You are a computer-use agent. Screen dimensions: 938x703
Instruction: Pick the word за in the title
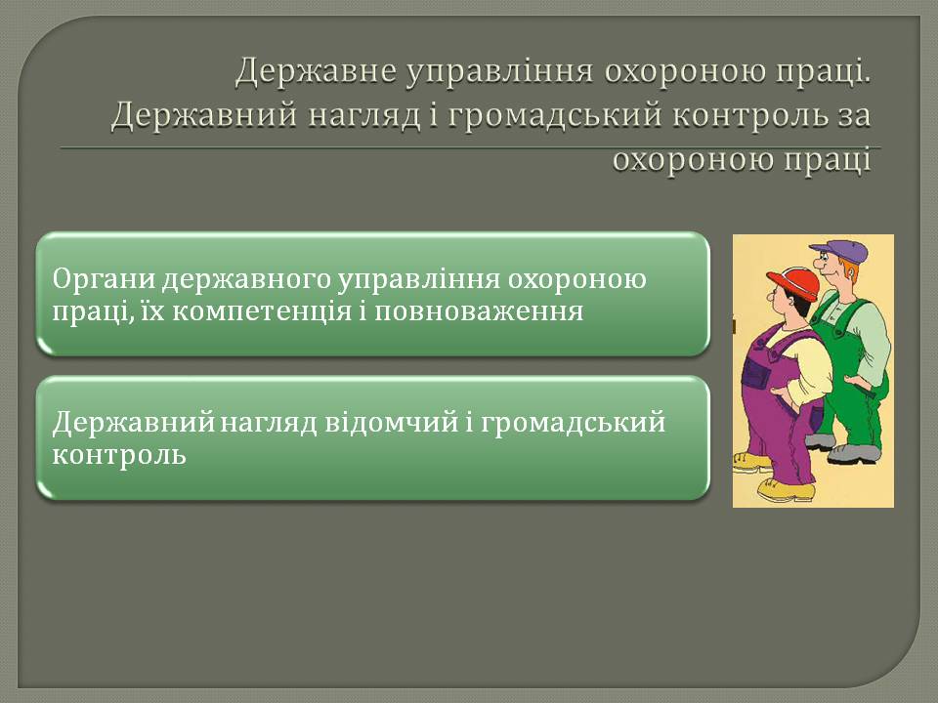(851, 116)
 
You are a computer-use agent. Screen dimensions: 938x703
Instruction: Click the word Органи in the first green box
(105, 280)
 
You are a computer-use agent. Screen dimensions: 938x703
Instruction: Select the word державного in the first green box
(247, 280)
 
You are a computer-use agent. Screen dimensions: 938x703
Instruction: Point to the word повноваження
(479, 312)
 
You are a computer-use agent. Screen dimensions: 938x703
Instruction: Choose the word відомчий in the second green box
(392, 423)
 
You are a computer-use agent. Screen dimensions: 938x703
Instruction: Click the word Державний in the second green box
(134, 423)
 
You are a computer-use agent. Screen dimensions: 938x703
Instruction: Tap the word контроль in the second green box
(119, 456)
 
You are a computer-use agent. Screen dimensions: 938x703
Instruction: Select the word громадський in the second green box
(573, 423)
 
